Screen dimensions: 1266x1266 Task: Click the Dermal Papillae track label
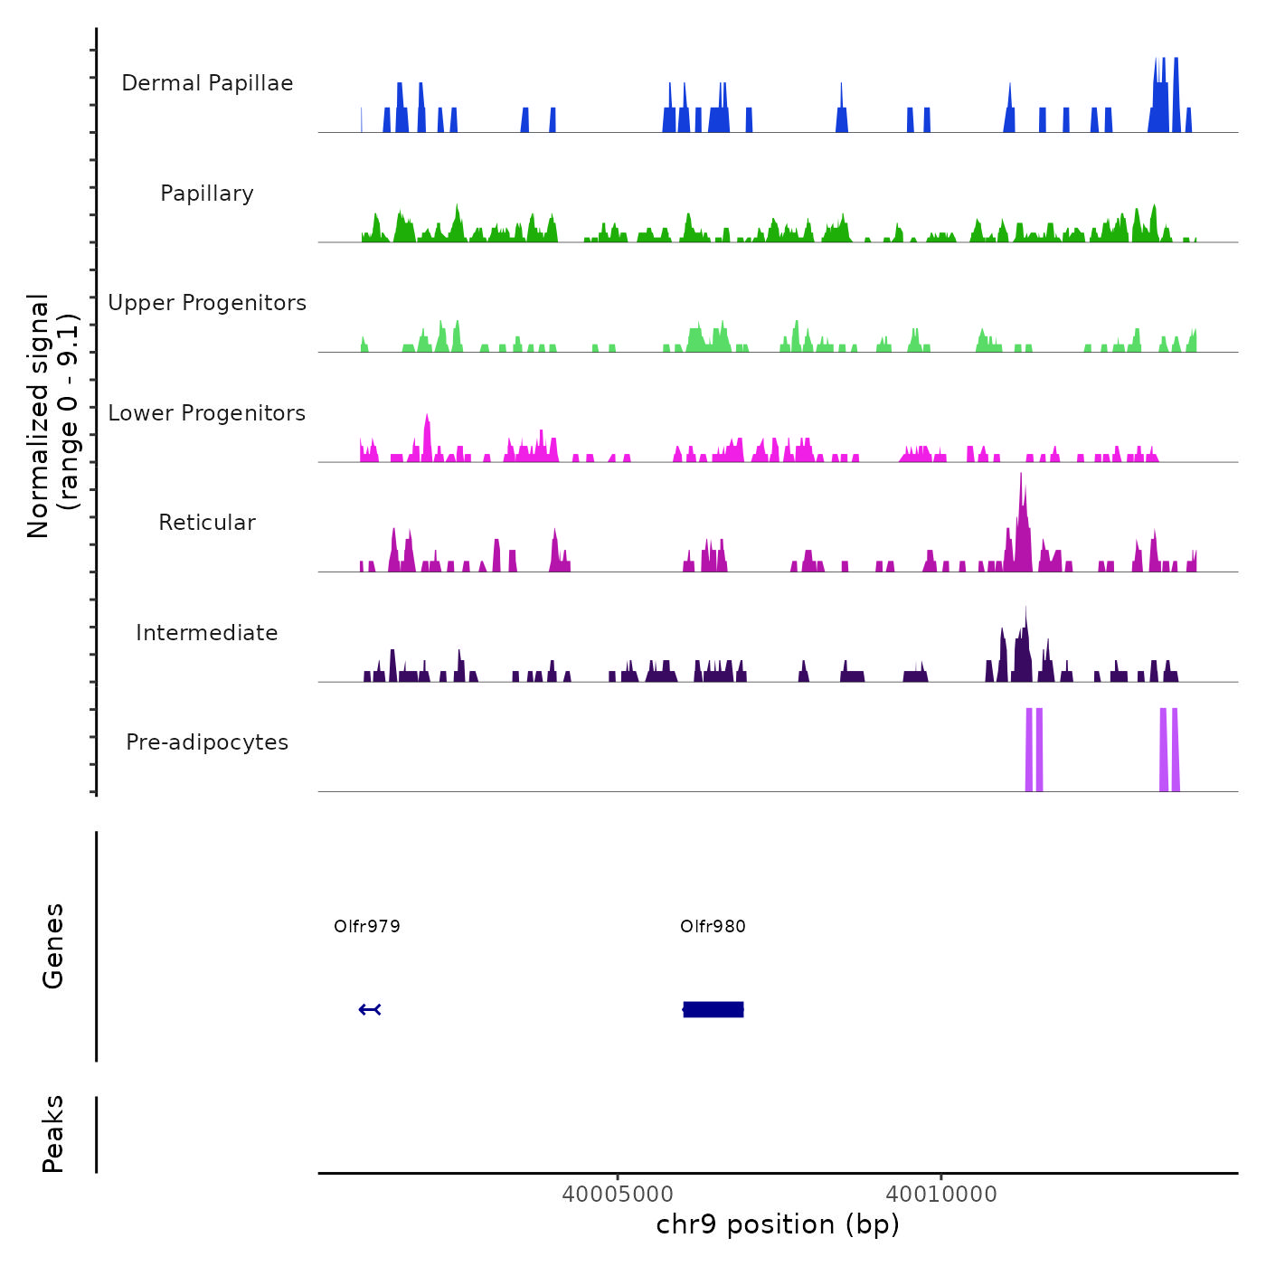[207, 83]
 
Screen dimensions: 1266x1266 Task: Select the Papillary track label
[207, 194]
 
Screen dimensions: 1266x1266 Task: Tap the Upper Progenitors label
[207, 303]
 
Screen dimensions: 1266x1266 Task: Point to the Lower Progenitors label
[207, 413]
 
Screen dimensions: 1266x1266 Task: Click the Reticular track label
[207, 523]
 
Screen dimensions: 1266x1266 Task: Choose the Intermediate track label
[207, 633]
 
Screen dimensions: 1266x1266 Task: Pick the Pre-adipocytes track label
[207, 742]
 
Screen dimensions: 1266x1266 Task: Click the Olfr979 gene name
[367, 926]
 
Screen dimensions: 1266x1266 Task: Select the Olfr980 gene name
[713, 926]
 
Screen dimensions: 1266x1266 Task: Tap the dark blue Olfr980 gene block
[713, 1009]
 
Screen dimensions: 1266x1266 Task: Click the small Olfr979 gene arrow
[370, 1009]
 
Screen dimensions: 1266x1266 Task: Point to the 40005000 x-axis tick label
[618, 1194]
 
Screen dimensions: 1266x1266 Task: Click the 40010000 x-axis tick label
[941, 1194]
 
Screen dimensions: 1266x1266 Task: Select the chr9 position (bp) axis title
[778, 1224]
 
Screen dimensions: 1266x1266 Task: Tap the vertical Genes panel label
[53, 946]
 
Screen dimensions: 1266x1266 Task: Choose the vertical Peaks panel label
[53, 1134]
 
